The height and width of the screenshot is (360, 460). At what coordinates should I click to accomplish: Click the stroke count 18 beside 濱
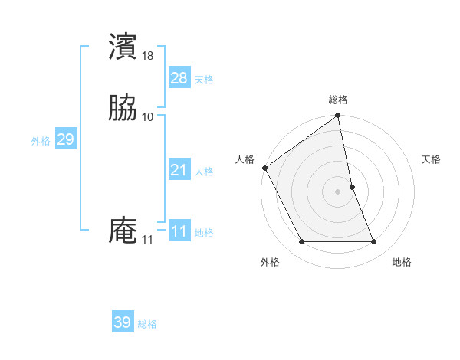coord(148,55)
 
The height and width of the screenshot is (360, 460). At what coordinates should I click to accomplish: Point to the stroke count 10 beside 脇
coord(148,116)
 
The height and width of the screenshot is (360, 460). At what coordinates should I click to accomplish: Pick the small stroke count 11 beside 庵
coord(147,240)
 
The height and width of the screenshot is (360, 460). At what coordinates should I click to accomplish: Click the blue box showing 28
coord(179,77)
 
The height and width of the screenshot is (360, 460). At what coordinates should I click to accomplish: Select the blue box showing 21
coord(179,170)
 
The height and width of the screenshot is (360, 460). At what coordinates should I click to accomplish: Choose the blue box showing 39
coord(122,322)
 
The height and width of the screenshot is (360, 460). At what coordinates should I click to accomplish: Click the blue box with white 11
coord(179,231)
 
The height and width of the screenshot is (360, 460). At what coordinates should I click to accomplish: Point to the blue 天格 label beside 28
coord(204,79)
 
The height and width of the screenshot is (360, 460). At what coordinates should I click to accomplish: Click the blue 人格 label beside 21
coord(204,172)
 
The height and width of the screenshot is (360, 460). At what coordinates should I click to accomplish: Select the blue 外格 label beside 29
coord(41,140)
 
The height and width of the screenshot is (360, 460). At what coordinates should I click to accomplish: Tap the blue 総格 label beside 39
coord(147,324)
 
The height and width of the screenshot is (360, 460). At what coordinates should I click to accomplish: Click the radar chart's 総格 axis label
coord(338,100)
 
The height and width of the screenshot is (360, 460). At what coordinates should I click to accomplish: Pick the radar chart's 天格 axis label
coord(432,159)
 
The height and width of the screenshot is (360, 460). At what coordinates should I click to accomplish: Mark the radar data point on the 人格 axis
coord(264,168)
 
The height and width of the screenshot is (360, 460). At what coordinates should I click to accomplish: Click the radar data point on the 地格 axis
coord(374,242)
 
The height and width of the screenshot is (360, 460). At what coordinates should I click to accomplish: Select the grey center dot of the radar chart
coord(338,191)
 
